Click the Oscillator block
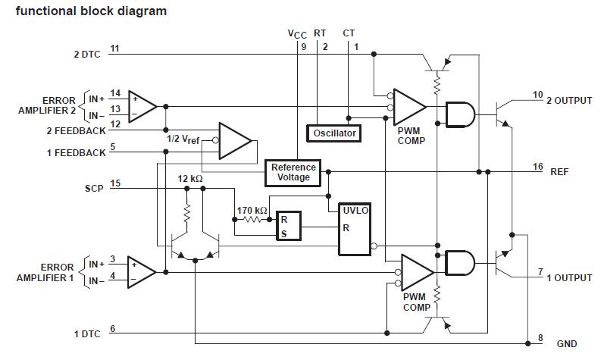click(334, 133)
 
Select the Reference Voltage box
click(294, 172)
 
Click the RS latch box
click(288, 225)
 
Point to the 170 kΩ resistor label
click(252, 210)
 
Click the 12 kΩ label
click(190, 178)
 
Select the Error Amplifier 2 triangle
click(142, 107)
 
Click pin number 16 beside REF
click(538, 166)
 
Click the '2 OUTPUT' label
click(568, 100)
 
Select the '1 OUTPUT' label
click(568, 278)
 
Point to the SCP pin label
click(94, 184)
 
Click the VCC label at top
click(298, 34)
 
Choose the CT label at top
click(349, 33)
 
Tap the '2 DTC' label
click(86, 55)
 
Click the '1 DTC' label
click(87, 334)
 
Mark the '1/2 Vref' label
click(183, 139)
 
